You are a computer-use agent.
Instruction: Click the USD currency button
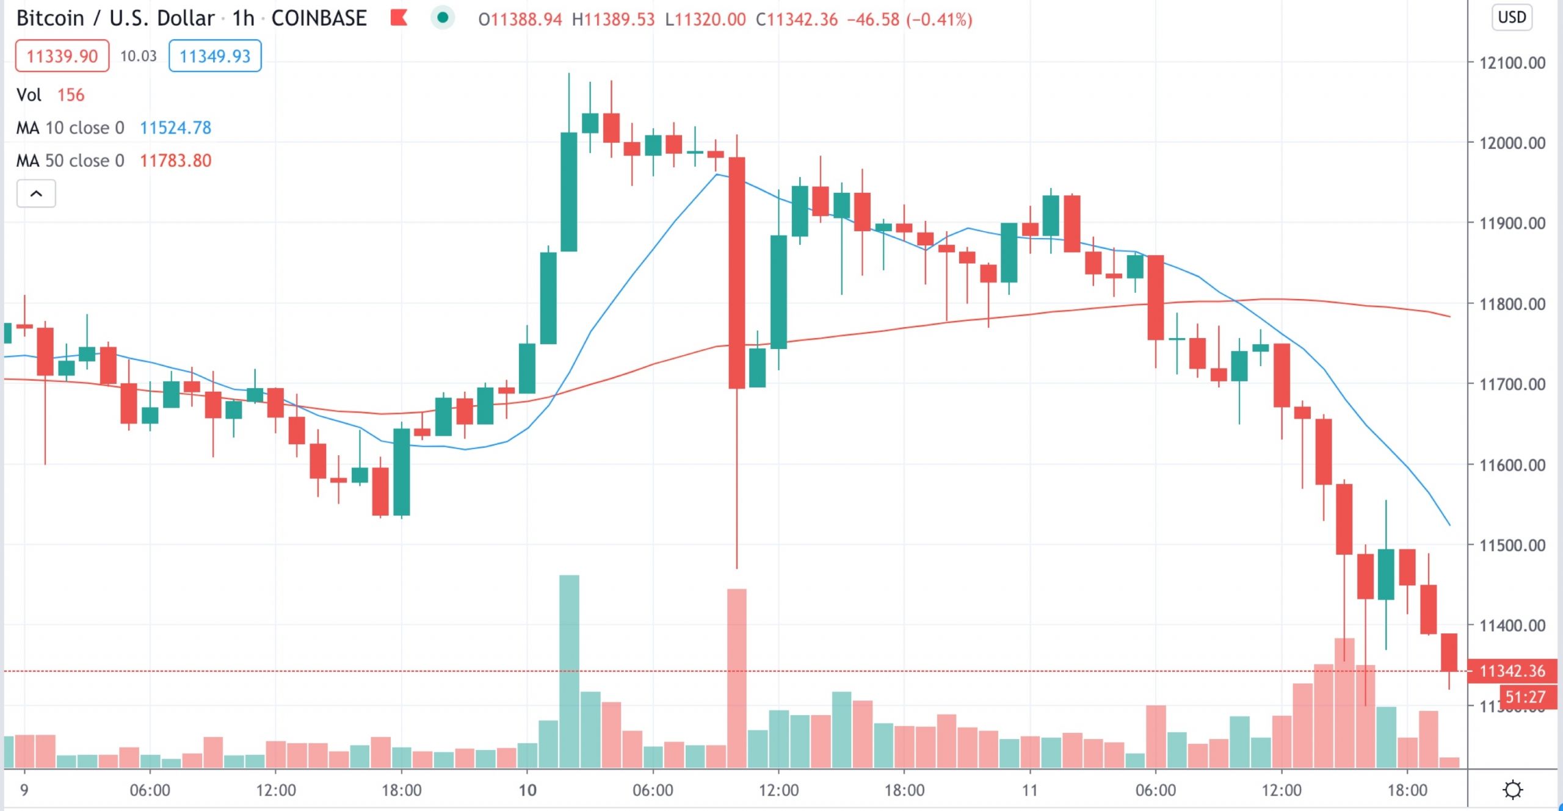coord(1512,17)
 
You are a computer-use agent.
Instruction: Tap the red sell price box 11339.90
coord(62,56)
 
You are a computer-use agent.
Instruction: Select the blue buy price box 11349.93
coord(215,56)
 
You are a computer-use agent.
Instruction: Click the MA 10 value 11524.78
coord(175,128)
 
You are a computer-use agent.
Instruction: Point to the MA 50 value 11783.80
coord(175,160)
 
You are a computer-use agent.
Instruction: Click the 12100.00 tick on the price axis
coord(1512,63)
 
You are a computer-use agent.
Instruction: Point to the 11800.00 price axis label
coord(1512,304)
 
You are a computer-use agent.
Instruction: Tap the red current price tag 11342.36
coord(1512,671)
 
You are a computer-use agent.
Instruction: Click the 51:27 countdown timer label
coord(1525,697)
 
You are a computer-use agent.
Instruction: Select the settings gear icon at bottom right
coord(1513,790)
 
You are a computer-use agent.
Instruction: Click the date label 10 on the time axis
coord(528,790)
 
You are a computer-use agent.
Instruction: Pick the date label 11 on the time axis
coord(1030,790)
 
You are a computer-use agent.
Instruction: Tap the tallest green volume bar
coord(569,671)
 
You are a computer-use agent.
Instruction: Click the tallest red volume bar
coord(737,677)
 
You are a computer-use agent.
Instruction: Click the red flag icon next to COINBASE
coord(399,18)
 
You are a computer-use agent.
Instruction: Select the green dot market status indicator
coord(443,18)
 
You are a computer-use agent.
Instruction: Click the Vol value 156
coord(71,95)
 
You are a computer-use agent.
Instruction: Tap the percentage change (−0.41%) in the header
coord(939,20)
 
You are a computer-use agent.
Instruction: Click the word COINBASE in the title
coord(319,18)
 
